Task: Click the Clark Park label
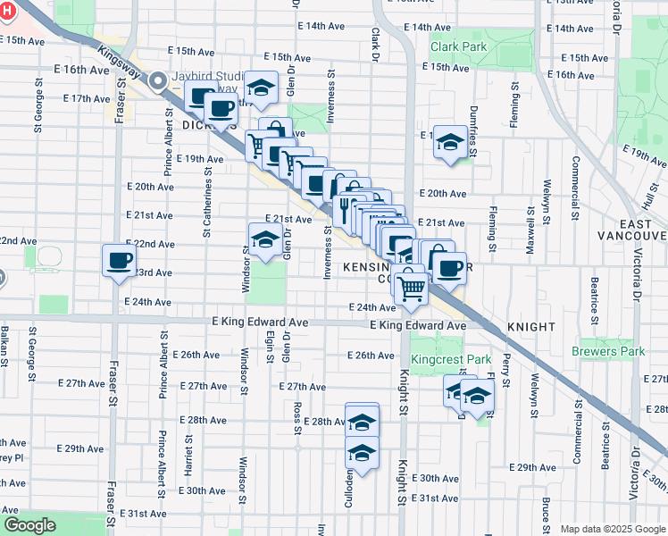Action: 458,46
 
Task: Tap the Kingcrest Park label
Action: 453,360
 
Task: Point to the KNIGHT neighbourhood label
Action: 531,327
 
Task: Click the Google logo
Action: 30,525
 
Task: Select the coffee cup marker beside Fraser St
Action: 120,261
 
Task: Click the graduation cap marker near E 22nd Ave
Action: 264,239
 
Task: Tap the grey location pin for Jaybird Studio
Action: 159,81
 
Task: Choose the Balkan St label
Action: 5,349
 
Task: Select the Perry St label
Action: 505,370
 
